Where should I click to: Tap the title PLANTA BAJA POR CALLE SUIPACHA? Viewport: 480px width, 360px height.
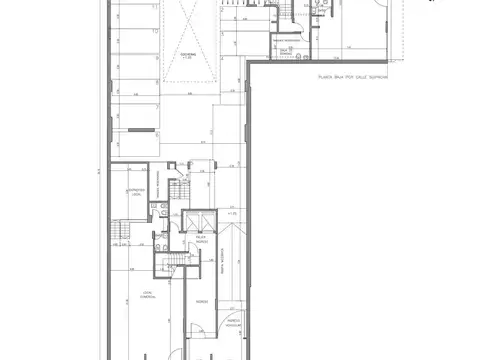[351, 75]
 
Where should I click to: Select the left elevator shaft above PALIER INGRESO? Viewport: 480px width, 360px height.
[191, 223]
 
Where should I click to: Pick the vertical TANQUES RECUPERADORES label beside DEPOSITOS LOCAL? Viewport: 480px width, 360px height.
[167, 185]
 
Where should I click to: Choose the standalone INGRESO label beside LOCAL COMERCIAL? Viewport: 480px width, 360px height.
[202, 299]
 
